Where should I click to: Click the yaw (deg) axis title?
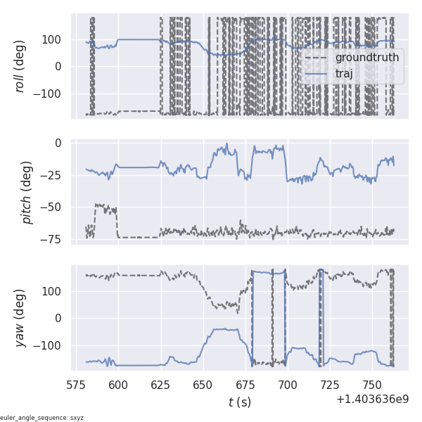[x=20, y=318]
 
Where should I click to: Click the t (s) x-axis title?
[x=239, y=402]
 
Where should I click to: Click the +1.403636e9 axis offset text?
[x=371, y=399]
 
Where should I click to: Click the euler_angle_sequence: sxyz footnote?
[x=42, y=418]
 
